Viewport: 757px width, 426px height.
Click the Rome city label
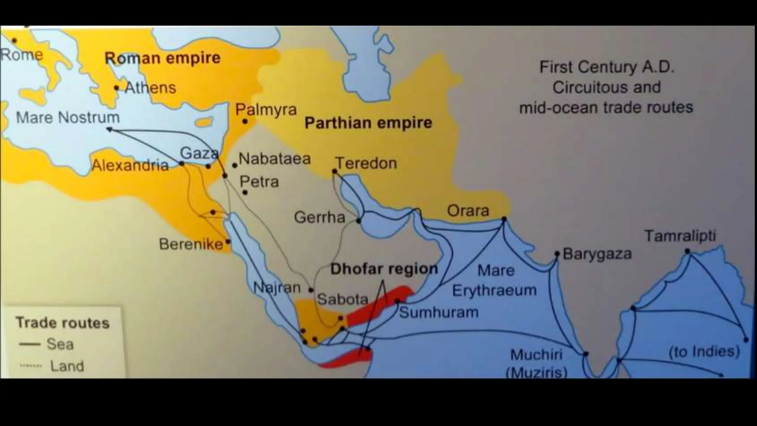(x=21, y=55)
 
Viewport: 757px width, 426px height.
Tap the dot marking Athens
(x=116, y=88)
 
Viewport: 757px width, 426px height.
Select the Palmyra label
(x=266, y=110)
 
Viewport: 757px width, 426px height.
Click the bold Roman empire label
(x=162, y=58)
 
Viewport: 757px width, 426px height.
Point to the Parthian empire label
(x=368, y=123)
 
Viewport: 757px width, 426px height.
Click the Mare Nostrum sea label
(x=68, y=118)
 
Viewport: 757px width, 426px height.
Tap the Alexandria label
(x=130, y=165)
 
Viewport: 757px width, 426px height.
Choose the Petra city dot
(x=245, y=192)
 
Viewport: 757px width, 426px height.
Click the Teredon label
(x=366, y=163)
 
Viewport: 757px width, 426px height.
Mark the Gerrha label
(x=319, y=217)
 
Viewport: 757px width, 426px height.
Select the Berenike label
(x=191, y=244)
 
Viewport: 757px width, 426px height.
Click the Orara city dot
(x=504, y=219)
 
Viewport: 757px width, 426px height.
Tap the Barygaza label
(x=597, y=254)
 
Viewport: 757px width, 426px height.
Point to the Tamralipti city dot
(x=687, y=251)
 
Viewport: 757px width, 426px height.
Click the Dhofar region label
(x=384, y=269)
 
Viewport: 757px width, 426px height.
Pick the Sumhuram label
(x=439, y=312)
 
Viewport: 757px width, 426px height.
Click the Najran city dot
(x=311, y=290)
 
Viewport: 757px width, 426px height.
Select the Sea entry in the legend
(x=60, y=344)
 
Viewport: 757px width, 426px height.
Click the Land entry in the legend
(x=67, y=366)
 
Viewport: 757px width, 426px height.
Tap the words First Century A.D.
(x=607, y=67)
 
